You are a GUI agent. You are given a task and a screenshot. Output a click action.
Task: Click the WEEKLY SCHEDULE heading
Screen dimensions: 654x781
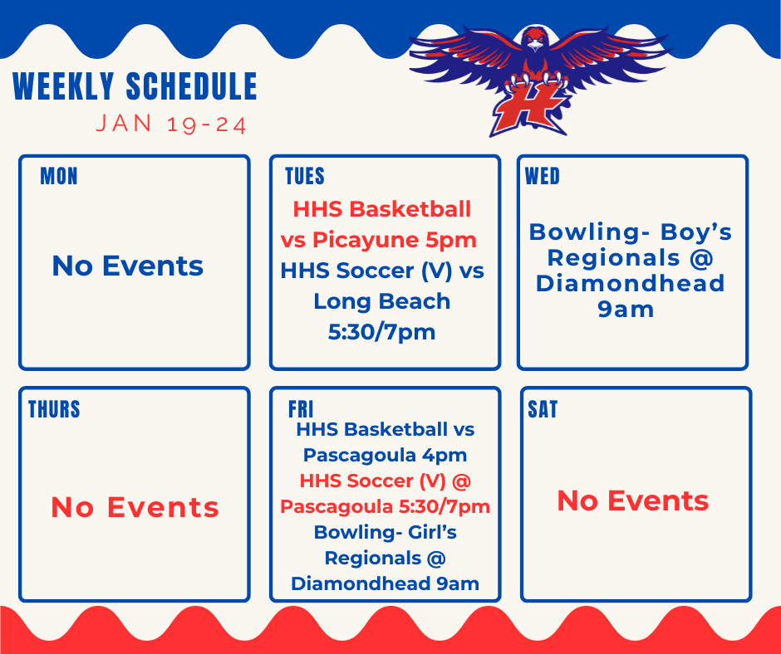click(135, 87)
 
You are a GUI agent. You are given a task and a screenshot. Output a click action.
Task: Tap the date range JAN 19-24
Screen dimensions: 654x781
click(171, 124)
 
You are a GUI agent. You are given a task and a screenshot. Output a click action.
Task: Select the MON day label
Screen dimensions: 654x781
click(58, 176)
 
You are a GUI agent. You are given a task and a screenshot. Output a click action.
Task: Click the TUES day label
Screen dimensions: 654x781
click(305, 176)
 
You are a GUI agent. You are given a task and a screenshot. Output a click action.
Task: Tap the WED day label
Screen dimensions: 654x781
click(543, 176)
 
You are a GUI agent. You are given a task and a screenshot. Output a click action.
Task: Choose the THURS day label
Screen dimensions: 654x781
click(54, 409)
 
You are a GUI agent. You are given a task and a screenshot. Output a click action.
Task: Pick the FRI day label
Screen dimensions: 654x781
click(301, 409)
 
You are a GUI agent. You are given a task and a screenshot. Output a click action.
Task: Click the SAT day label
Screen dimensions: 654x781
click(543, 409)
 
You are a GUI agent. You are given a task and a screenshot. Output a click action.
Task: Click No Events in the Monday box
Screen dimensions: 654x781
click(127, 266)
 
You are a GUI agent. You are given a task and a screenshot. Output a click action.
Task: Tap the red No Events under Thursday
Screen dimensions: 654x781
click(135, 507)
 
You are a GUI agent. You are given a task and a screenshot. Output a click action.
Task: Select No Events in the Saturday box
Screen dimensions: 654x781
click(632, 500)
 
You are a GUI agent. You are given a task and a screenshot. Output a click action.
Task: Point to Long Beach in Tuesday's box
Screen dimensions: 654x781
click(382, 301)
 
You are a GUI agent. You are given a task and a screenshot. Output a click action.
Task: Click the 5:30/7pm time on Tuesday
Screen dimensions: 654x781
click(382, 332)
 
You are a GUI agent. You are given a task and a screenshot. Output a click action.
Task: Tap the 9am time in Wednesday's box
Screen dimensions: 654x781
click(626, 310)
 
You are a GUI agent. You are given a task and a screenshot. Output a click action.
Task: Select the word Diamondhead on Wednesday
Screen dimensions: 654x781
click(630, 283)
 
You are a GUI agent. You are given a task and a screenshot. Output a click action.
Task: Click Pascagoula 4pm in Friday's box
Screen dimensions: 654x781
click(385, 455)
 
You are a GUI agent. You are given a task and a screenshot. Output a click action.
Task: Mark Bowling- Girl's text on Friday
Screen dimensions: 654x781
click(385, 531)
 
